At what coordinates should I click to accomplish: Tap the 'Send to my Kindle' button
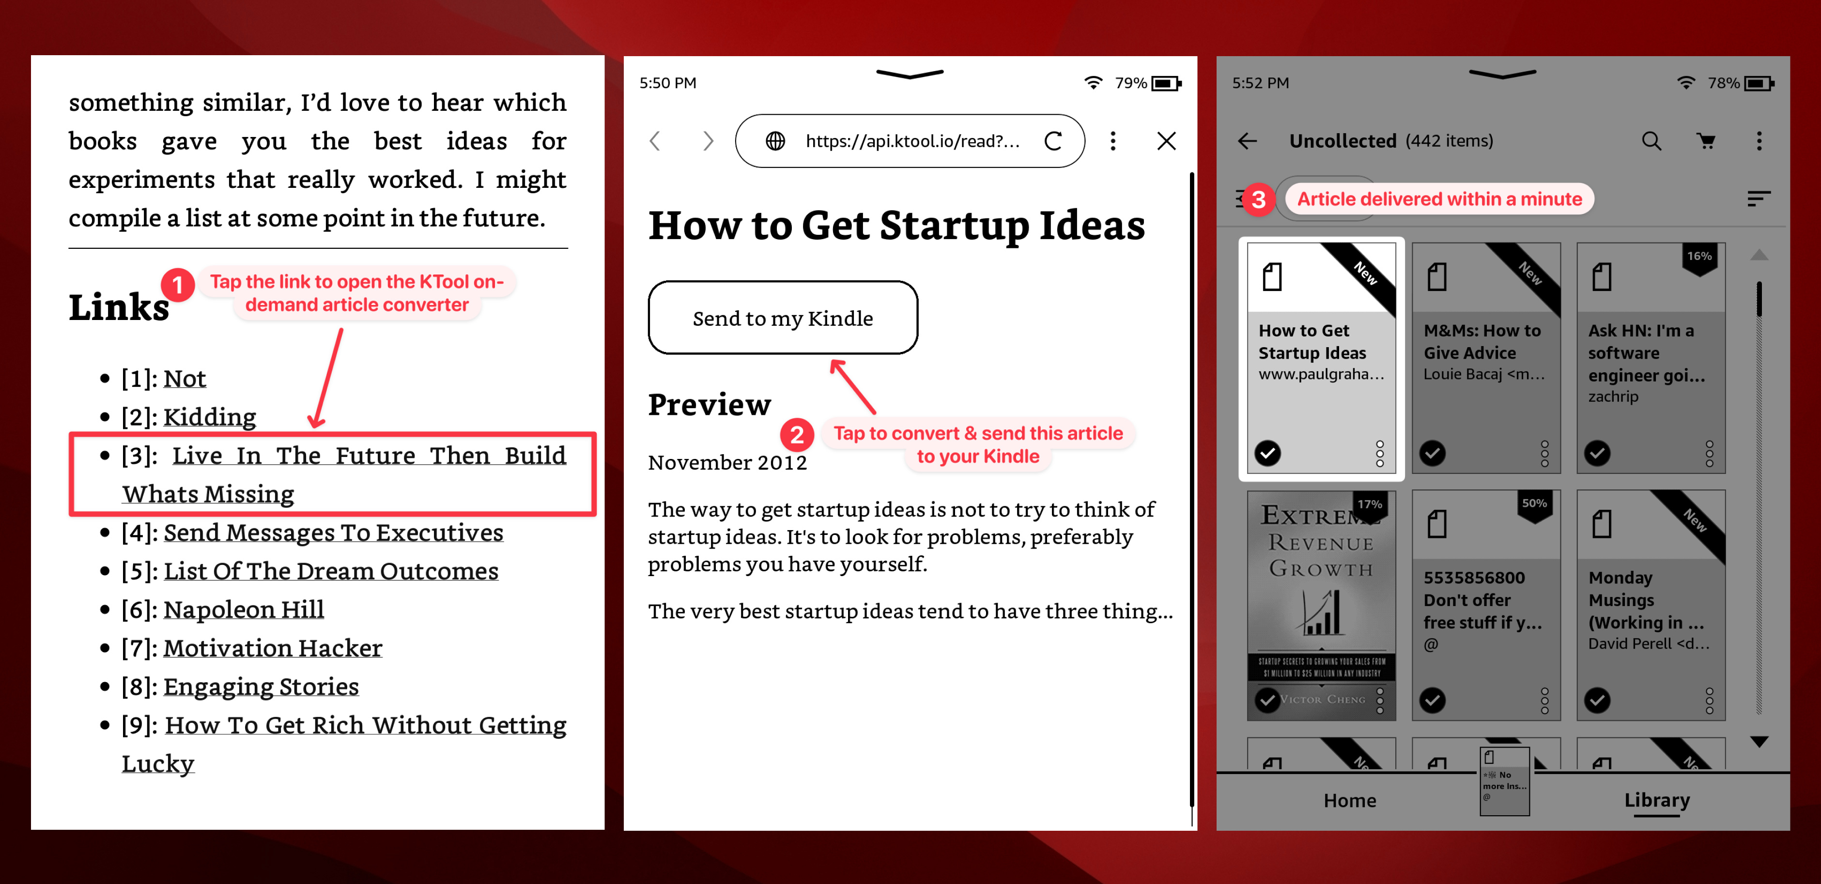pos(783,318)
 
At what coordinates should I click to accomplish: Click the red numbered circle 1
pos(177,285)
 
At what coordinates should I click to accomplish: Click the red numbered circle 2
pos(797,435)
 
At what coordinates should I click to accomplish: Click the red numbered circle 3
pos(1258,199)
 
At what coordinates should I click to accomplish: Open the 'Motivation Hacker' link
pos(272,648)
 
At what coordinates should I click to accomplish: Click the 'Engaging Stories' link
pos(261,686)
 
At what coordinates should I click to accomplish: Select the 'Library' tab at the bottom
pos(1656,800)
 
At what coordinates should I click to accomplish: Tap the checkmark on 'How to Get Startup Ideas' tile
pos(1267,453)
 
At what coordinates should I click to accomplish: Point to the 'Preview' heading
pos(709,405)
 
